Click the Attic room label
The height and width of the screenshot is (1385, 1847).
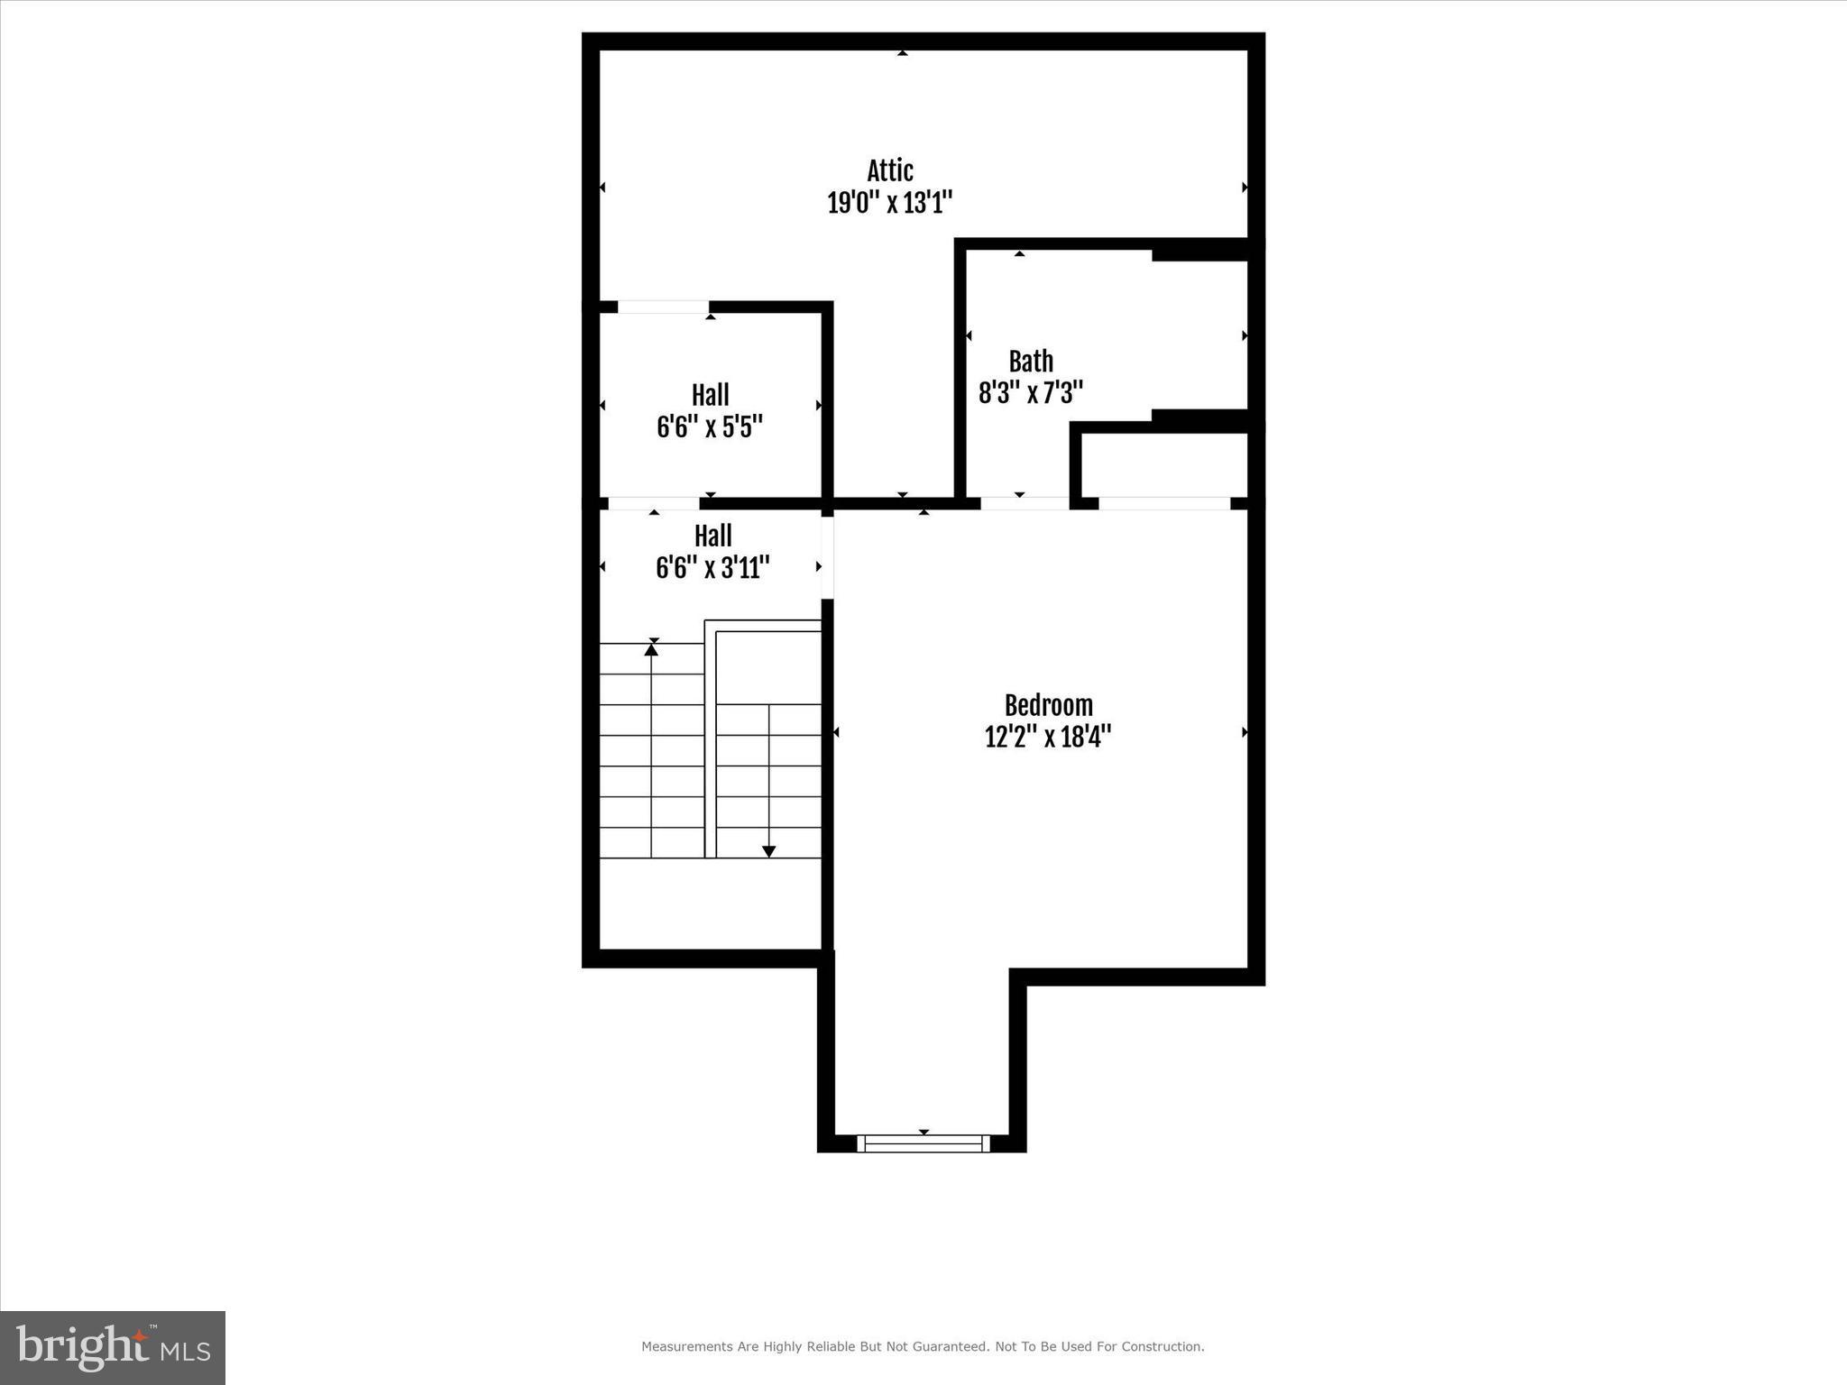[890, 170]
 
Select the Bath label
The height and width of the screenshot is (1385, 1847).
[1031, 362]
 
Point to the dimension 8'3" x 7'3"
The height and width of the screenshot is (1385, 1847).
[1031, 393]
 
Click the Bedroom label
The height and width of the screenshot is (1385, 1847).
[1048, 705]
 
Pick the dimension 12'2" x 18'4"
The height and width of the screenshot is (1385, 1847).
[1048, 738]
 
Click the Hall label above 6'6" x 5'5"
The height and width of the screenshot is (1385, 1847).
[711, 395]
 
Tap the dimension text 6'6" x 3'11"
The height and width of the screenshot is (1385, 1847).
[712, 568]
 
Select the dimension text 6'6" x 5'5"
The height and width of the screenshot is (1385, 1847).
[710, 427]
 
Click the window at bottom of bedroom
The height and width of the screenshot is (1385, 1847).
[923, 1143]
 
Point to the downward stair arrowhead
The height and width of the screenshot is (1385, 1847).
[769, 851]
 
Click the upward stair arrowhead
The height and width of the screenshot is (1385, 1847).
[651, 648]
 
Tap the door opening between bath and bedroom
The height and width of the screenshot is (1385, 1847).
[1025, 503]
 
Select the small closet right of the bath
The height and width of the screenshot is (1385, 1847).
[1164, 464]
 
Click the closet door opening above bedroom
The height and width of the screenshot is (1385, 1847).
[1164, 503]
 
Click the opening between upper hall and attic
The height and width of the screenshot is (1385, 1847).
[663, 307]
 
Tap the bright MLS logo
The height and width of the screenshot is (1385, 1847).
[113, 1348]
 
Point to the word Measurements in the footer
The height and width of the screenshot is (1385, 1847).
[686, 1347]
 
